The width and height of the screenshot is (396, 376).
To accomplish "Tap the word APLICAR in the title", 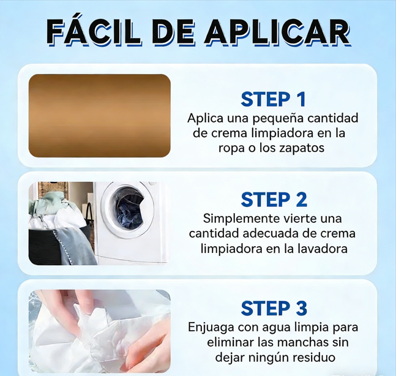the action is (x=277, y=32).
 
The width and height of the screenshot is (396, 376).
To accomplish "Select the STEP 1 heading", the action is (x=273, y=99).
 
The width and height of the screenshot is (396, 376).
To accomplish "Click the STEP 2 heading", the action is (x=274, y=200).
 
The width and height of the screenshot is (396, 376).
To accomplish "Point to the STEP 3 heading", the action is (x=274, y=308).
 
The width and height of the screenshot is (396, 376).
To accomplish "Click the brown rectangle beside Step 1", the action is (x=100, y=116).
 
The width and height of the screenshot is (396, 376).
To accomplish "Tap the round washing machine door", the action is (x=127, y=209).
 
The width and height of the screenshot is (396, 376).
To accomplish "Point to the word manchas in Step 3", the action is (x=300, y=342).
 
